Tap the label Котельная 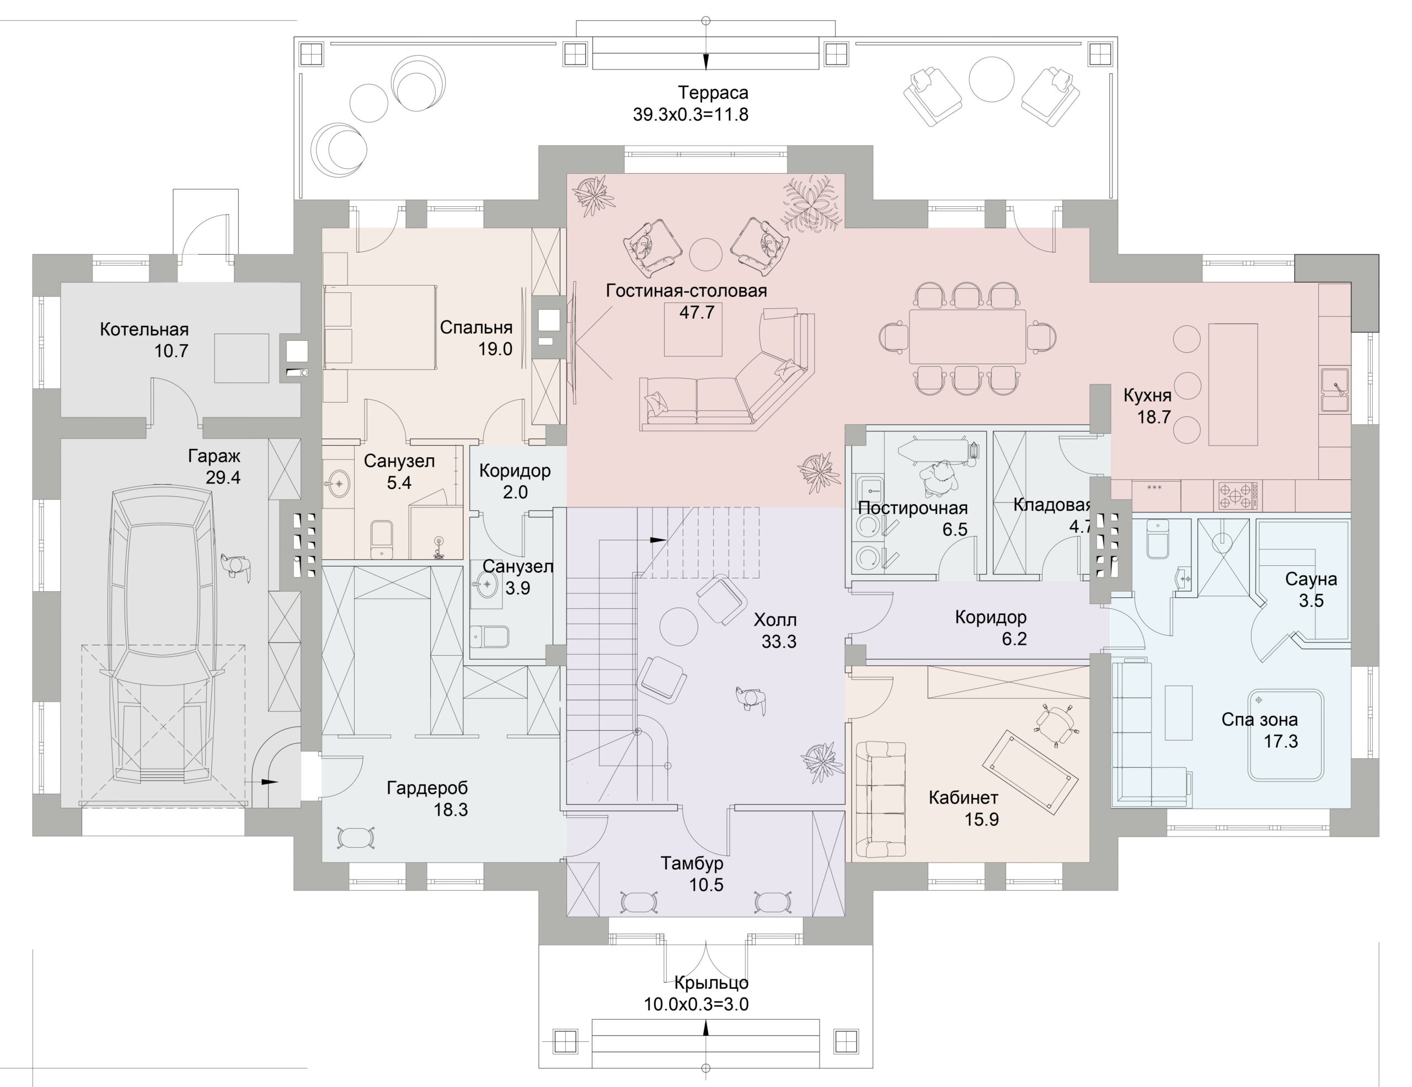pos(144,330)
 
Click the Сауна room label pos(1311,579)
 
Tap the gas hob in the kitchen pos(1238,496)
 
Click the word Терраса pos(713,93)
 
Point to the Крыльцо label pos(711,983)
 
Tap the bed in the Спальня pos(379,328)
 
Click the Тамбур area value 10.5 pos(706,885)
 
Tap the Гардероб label pos(427,788)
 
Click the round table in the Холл pos(679,626)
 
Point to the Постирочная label pos(912,508)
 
